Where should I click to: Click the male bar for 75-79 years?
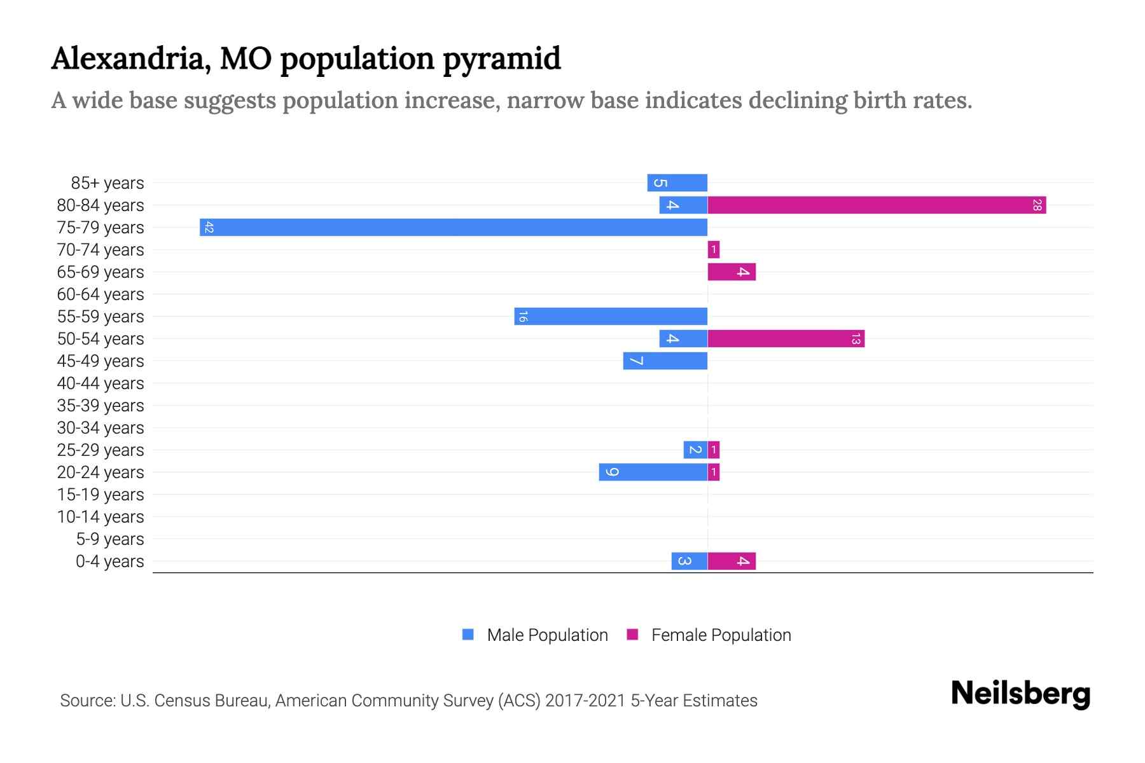point(453,227)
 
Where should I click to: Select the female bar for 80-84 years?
point(877,205)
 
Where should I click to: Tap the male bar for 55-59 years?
point(611,316)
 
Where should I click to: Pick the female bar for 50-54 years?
point(786,338)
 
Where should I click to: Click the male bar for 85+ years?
point(677,182)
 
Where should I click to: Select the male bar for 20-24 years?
point(653,472)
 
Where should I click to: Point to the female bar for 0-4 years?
point(732,561)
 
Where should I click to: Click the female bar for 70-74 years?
point(714,249)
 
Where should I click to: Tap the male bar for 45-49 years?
point(665,361)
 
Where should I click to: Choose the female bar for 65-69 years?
point(732,272)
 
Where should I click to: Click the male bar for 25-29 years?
point(695,450)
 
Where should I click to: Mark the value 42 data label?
point(209,227)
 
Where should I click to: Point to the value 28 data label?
point(1037,205)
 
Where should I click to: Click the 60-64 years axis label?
point(101,294)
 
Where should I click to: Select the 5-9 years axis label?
point(109,539)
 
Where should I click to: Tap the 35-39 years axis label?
point(101,406)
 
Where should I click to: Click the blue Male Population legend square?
point(468,635)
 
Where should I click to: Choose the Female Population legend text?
point(721,635)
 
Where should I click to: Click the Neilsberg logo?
point(1020,693)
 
